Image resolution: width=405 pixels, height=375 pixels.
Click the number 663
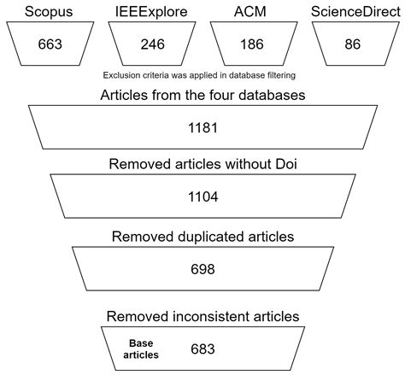coord(51,44)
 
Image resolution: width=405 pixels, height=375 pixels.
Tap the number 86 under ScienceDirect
coord(351,44)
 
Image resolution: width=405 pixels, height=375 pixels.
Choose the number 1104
coord(202,196)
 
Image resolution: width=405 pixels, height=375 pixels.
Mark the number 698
coord(202,270)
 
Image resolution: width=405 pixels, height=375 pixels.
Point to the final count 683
coord(202,349)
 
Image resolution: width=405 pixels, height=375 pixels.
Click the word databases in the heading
coord(284,94)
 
